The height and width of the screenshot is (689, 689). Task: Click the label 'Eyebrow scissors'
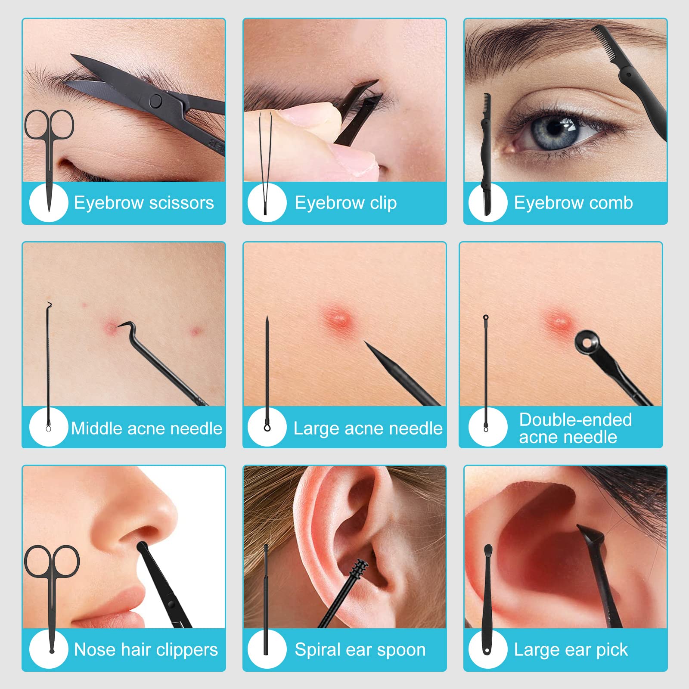tap(144, 203)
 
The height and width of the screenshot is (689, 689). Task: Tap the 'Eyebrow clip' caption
tap(346, 203)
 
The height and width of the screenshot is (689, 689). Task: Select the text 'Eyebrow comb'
tap(574, 203)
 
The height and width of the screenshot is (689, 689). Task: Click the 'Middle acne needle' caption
tap(147, 428)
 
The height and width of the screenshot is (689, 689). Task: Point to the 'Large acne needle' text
tap(368, 428)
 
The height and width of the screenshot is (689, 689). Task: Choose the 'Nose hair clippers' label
tap(146, 649)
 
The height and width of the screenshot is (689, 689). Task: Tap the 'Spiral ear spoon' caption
tap(360, 649)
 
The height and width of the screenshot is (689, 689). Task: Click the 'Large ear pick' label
tap(571, 649)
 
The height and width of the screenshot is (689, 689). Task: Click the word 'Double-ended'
tap(576, 419)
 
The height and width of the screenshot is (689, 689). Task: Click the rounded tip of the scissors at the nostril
tap(143, 547)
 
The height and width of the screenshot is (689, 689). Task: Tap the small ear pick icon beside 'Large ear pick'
tap(487, 599)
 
